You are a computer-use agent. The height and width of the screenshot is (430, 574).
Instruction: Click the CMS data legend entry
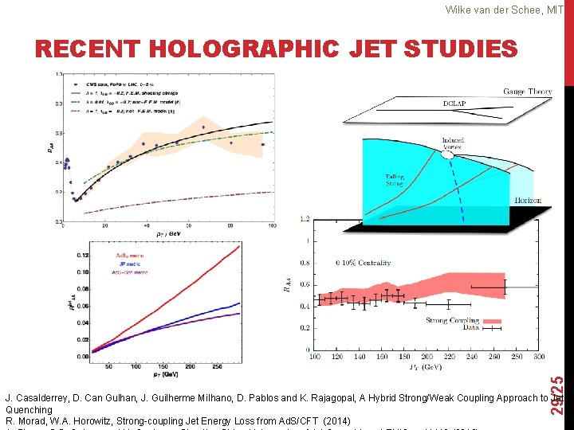pyautogui.click(x=104, y=83)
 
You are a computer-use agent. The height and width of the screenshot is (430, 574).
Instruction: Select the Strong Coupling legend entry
pyautogui.click(x=447, y=321)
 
